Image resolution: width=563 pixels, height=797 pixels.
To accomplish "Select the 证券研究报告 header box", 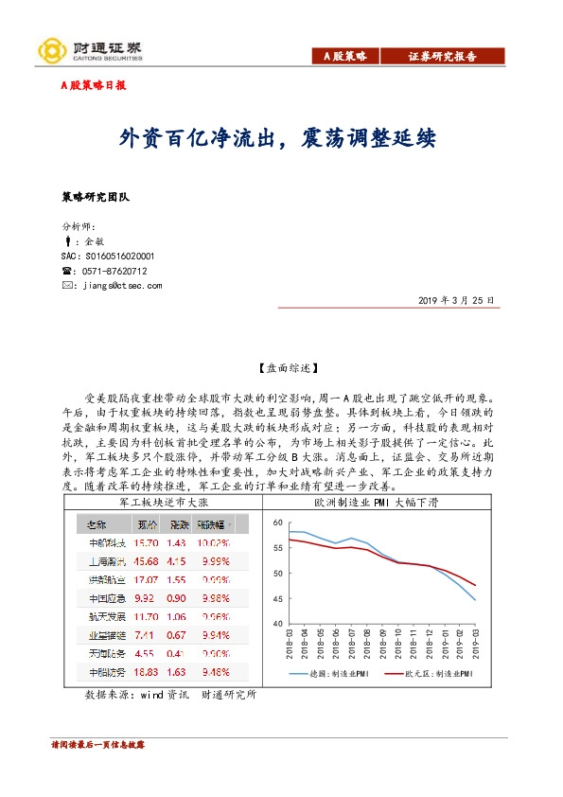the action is (442, 57).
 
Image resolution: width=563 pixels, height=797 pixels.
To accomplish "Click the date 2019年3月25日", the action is (455, 300).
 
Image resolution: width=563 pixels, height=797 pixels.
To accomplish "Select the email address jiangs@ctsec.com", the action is (122, 285).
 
